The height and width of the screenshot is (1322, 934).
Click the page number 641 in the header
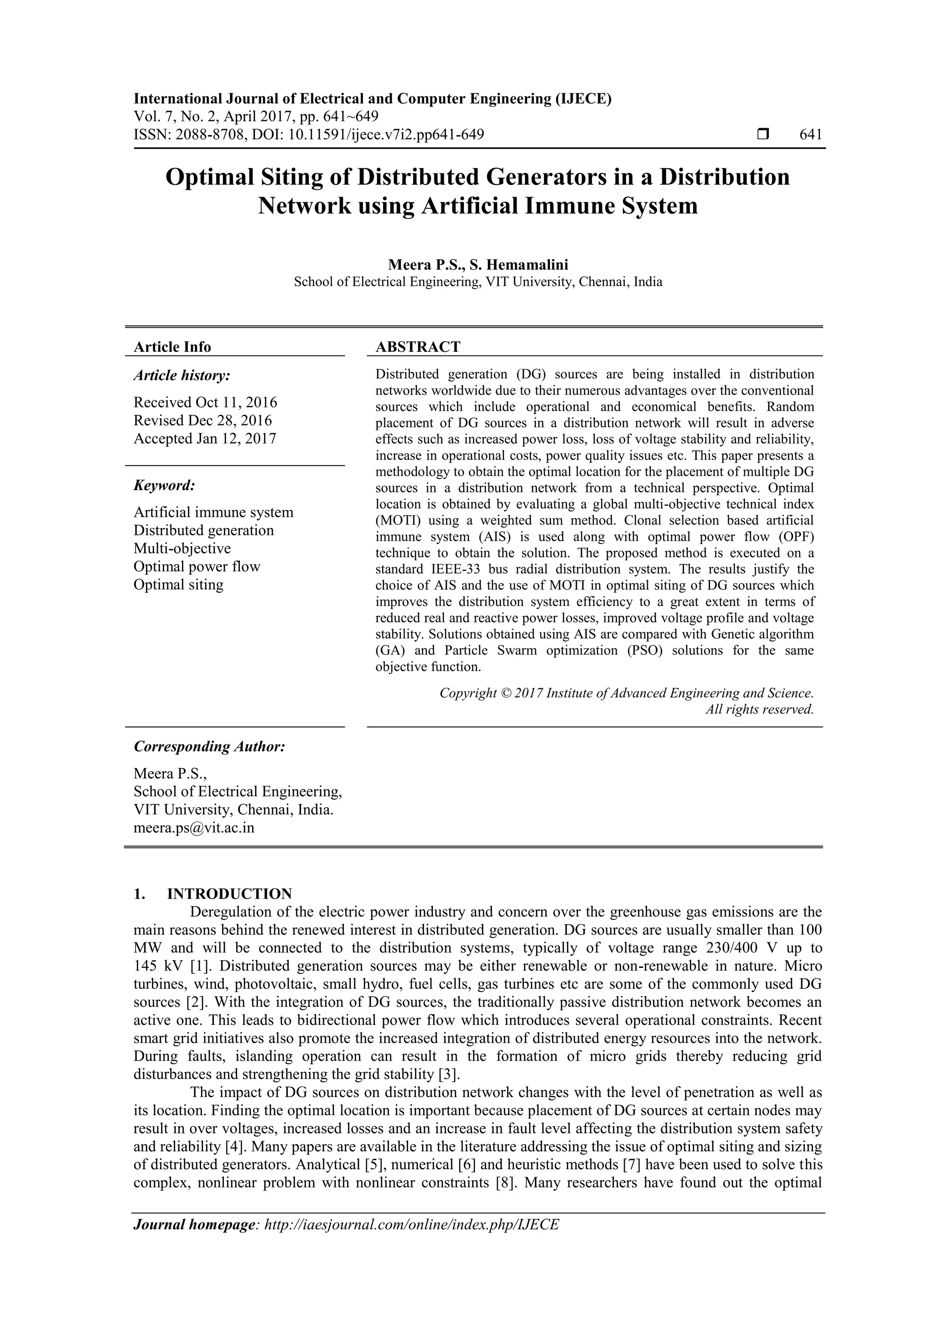pos(810,135)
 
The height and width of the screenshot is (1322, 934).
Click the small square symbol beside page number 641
pos(763,135)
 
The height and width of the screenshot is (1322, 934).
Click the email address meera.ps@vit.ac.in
pos(194,827)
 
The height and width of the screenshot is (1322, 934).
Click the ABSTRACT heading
pos(418,347)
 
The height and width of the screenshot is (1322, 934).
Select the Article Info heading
pos(172,347)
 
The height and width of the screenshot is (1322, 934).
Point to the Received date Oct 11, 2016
pos(205,402)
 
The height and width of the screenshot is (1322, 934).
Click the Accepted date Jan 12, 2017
pos(205,439)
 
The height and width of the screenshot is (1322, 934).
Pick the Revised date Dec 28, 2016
pos(202,420)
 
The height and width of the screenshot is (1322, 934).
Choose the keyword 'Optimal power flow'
pos(197,567)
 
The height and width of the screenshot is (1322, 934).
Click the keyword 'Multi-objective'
pos(182,548)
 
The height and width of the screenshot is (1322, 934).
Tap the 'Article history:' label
pos(182,376)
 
